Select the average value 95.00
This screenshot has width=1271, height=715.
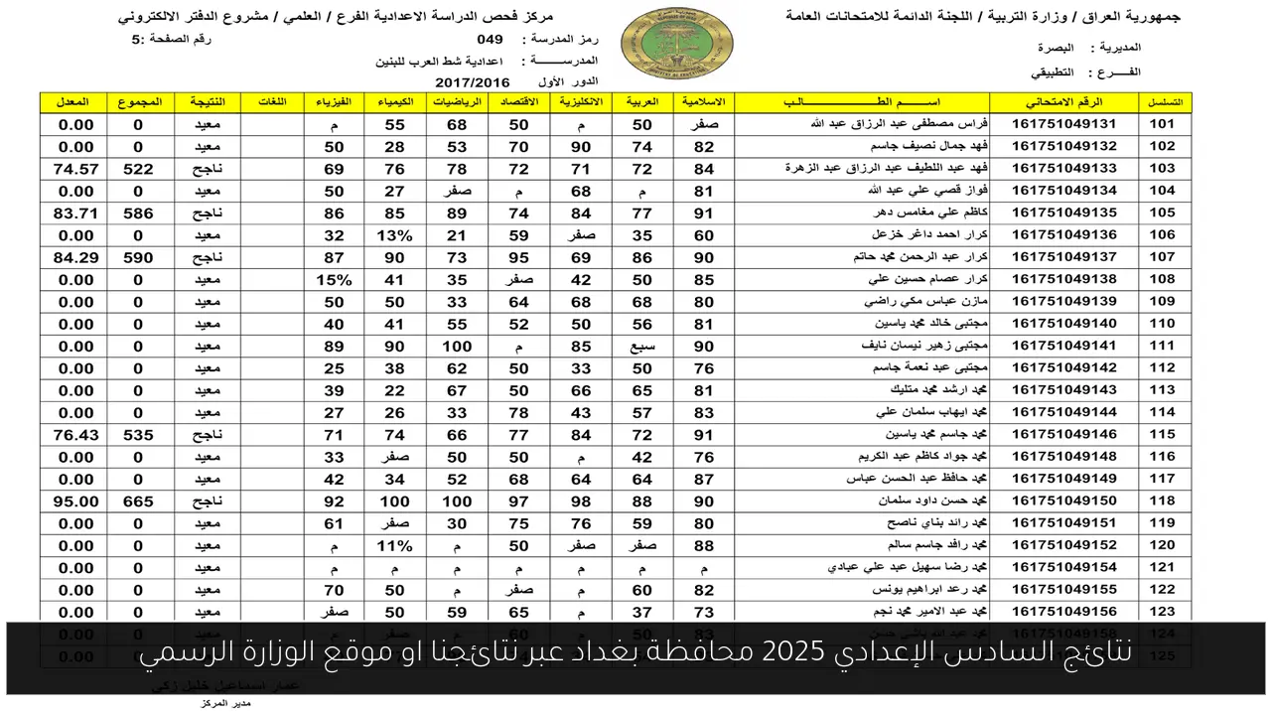pyautogui.click(x=76, y=501)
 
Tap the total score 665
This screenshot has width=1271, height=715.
pyautogui.click(x=138, y=501)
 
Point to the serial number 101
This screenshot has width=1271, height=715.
pyautogui.click(x=1163, y=124)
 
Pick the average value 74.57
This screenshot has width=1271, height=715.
pyautogui.click(x=76, y=169)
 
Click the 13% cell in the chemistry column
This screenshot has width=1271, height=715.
pyautogui.click(x=394, y=235)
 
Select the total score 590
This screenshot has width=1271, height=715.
pyautogui.click(x=138, y=257)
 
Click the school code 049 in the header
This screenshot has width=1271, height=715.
pyautogui.click(x=490, y=40)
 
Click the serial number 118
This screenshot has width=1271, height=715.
pyautogui.click(x=1163, y=501)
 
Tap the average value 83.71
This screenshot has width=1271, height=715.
pyautogui.click(x=76, y=213)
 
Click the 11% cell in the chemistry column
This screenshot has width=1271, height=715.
pyautogui.click(x=394, y=545)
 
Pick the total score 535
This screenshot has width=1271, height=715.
pyautogui.click(x=138, y=435)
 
